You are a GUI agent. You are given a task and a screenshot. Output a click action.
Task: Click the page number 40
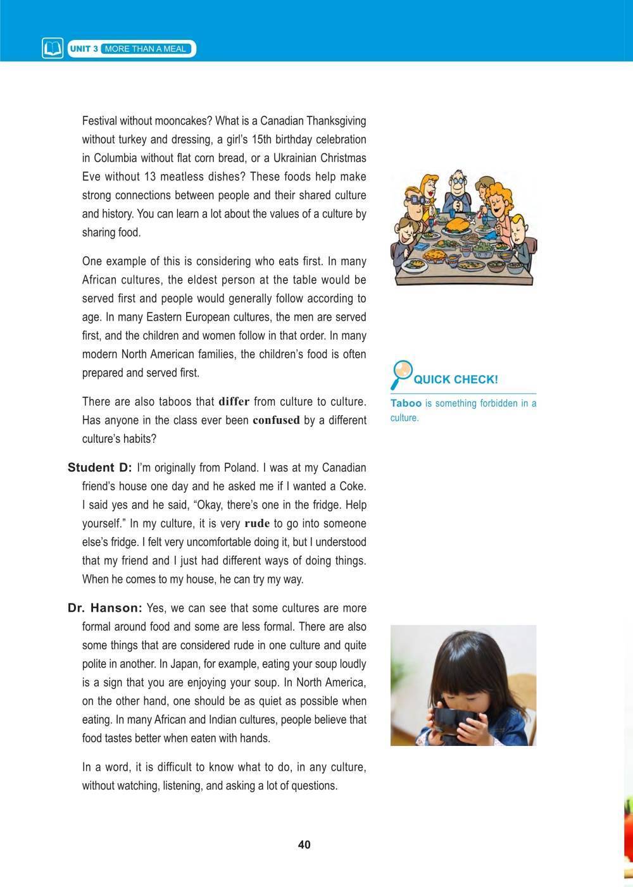click(304, 845)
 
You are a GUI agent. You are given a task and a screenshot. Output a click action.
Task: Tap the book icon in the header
click(53, 49)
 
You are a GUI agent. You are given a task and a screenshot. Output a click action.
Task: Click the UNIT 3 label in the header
click(83, 49)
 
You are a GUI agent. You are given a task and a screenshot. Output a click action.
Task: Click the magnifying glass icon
click(401, 373)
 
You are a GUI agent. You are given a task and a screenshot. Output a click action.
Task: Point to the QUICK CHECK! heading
click(455, 380)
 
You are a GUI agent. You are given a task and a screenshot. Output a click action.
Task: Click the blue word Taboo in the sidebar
click(406, 403)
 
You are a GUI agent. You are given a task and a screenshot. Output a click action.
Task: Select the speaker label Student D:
click(99, 468)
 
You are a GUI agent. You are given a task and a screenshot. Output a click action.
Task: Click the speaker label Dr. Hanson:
click(104, 608)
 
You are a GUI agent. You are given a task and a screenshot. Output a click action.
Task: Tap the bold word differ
click(234, 402)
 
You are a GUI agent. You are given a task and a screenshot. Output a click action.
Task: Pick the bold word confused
click(276, 420)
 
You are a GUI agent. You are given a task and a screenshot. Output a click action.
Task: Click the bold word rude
click(256, 524)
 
